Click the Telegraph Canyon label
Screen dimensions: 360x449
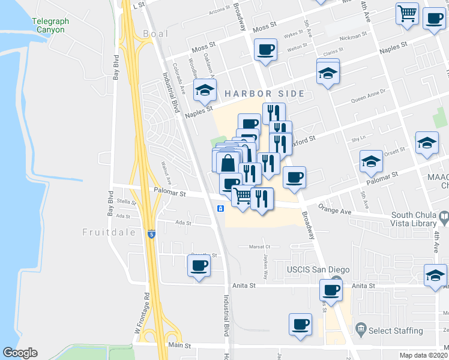click(x=50, y=25)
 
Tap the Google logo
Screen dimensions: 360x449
click(x=20, y=353)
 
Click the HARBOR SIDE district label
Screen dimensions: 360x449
click(x=265, y=94)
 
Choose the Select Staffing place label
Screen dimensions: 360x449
click(x=396, y=331)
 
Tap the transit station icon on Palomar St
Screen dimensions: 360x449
click(x=221, y=208)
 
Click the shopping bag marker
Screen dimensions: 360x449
click(x=228, y=161)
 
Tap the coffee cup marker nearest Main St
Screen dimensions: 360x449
click(x=300, y=324)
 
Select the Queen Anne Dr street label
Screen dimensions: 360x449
click(x=371, y=95)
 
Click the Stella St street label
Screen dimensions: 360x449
click(x=127, y=202)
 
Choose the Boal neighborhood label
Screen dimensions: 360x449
click(x=156, y=34)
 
